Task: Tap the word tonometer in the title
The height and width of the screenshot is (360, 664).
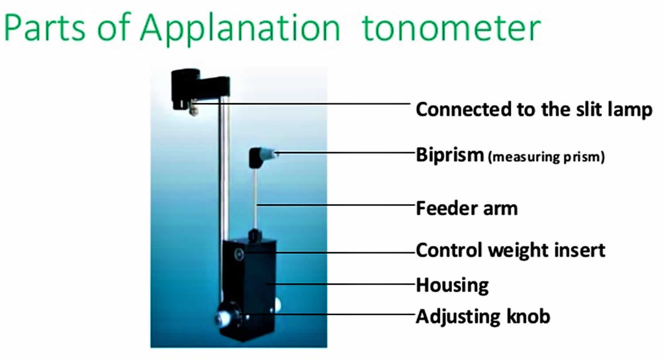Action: (452, 27)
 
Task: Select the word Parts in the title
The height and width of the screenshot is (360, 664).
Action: (44, 27)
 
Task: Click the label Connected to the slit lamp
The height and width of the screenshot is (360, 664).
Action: (534, 109)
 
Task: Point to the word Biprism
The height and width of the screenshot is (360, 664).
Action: (450, 155)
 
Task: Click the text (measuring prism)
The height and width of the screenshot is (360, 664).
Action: (546, 157)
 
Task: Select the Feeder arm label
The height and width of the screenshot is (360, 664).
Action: (467, 208)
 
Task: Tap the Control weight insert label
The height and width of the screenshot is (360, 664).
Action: (510, 250)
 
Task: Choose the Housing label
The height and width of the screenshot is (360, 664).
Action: (452, 285)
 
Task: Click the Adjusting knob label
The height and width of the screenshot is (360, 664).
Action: (483, 317)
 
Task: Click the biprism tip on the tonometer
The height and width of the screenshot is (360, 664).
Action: (275, 154)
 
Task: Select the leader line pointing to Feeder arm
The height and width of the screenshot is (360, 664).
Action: (336, 205)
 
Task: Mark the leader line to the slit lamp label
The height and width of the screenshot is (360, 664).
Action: (310, 104)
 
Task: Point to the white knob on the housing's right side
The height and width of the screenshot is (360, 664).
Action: (278, 304)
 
